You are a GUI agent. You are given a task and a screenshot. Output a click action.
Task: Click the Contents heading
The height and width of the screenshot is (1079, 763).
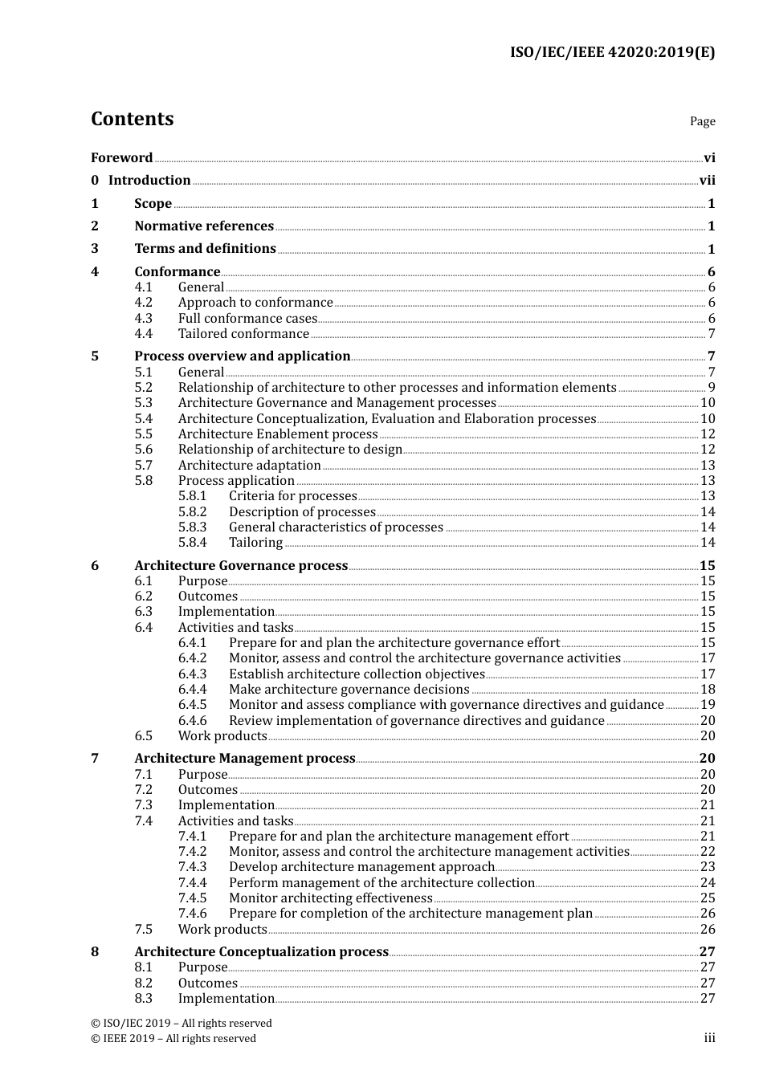pos(132,119)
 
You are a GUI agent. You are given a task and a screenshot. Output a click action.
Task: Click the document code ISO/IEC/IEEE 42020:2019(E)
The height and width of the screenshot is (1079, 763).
pos(612,52)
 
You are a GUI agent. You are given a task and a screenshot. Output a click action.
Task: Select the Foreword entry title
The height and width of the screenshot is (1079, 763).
pos(121,158)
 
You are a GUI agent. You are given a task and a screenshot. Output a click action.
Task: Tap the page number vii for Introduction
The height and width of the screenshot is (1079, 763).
pos(707,181)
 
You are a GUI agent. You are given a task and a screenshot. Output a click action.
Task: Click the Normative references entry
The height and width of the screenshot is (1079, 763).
pos(204,226)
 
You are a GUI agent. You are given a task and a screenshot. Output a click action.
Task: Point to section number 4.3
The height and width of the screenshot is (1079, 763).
pos(144,319)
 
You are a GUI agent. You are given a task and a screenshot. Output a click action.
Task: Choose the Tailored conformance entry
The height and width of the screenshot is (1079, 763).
pos(243,334)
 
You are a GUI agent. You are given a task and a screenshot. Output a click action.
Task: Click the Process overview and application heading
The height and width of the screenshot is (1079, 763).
pos(242,356)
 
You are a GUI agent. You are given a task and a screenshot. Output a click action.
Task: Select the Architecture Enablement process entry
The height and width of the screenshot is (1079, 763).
pos(278,434)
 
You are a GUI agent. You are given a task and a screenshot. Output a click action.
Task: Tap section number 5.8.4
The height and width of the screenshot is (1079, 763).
pos(192,543)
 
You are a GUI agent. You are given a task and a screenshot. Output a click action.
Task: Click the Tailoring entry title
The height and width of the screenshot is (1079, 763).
pos(255,543)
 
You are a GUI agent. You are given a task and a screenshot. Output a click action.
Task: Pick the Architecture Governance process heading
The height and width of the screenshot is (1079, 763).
pos(241,566)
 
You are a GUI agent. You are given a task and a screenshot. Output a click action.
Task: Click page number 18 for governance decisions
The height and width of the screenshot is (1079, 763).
pos(708,690)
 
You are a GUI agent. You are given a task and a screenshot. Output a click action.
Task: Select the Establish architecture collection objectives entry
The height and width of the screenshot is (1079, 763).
pos(357,674)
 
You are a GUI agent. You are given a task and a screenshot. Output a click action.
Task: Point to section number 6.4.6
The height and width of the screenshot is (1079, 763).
pos(192,721)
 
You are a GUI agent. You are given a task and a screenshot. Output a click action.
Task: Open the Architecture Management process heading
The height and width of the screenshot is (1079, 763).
pos(244,759)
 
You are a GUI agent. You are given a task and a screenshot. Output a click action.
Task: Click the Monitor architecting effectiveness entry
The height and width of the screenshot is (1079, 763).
pos(330,898)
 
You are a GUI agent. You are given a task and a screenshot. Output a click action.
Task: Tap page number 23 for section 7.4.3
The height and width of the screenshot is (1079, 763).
pos(708,867)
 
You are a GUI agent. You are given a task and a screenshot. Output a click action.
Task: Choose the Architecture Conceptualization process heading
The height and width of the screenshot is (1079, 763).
pos(261,952)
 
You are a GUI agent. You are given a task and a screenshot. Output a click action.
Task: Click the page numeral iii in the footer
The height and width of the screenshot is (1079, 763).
pos(709,1038)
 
